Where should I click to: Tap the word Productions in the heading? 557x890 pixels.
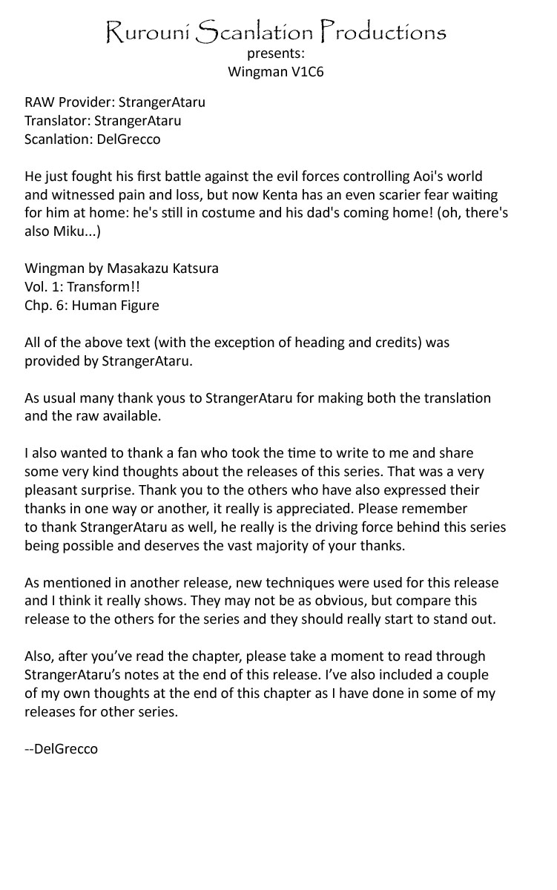383,32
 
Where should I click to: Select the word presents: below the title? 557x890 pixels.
276,54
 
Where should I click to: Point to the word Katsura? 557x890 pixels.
194,268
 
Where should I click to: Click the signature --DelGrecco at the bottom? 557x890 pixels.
61,749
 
